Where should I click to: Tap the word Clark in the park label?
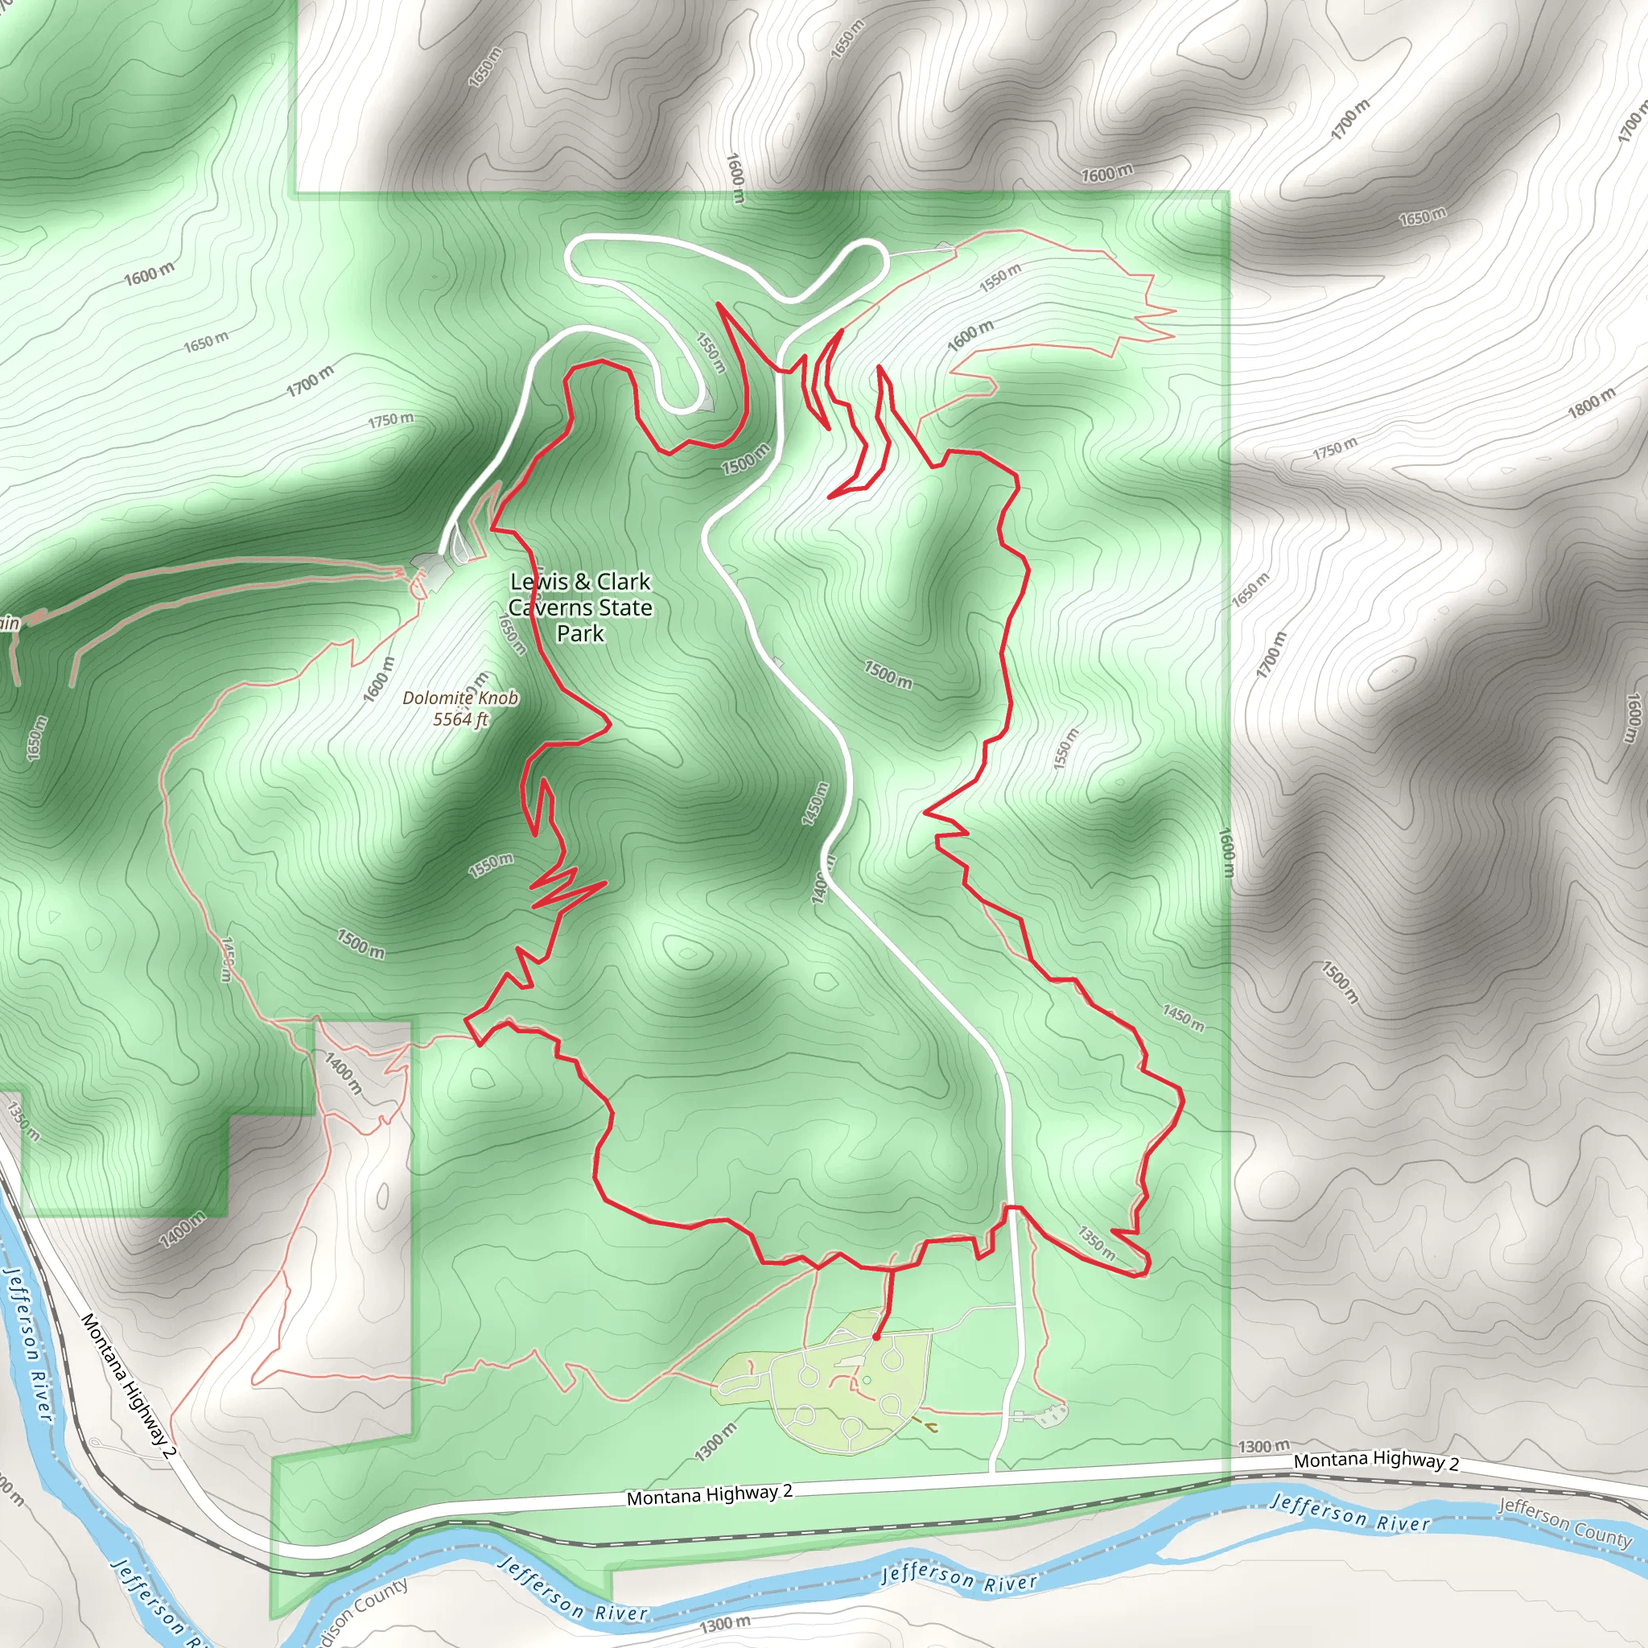click(x=624, y=582)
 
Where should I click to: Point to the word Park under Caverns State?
click(x=580, y=633)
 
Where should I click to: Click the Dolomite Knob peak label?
click(x=460, y=698)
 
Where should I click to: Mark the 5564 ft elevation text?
click(x=460, y=719)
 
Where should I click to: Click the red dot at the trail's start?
click(x=876, y=1337)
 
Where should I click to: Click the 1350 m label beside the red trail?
click(x=1096, y=1242)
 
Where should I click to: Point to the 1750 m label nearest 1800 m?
click(x=1335, y=448)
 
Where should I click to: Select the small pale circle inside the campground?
click(x=867, y=1380)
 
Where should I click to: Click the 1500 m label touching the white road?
click(x=745, y=459)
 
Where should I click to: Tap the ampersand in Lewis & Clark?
click(x=582, y=582)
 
